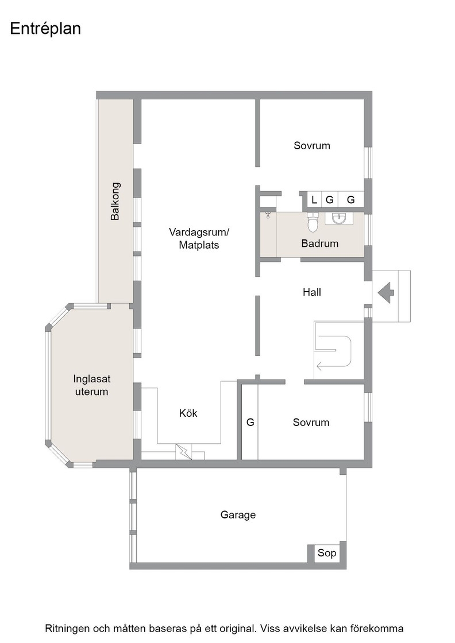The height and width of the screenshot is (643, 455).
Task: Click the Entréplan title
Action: pos(45,29)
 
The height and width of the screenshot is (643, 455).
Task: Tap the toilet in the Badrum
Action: pos(313,222)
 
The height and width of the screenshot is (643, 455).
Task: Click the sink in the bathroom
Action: pos(339,219)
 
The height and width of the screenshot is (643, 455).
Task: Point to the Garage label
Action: pos(238,514)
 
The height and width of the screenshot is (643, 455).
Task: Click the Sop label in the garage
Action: pos(326,553)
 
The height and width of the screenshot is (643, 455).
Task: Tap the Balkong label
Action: pos(115,202)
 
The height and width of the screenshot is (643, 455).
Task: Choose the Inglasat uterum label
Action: pos(91,385)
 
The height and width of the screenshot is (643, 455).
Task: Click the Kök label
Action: pos(188,413)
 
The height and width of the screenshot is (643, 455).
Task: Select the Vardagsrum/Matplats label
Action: pos(199,239)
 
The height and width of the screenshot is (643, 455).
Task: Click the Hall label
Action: pos(312,292)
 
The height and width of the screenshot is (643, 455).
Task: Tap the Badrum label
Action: pos(319,243)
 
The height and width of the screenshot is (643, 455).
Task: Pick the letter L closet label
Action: pos(314,200)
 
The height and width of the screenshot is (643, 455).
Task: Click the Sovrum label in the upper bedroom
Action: pos(312,146)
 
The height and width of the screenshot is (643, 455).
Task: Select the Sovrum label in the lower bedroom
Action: pos(311,423)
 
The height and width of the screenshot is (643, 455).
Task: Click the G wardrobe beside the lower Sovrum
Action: pos(250,422)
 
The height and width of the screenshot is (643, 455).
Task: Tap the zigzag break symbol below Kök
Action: pos(184,451)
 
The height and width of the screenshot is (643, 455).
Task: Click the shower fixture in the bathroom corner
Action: pos(268,215)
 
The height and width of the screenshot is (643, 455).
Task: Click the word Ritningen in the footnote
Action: pos(66,629)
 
